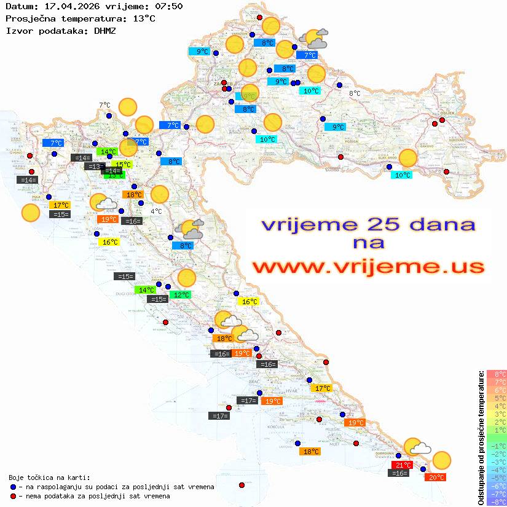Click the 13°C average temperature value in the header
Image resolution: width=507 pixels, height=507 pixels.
(x=143, y=18)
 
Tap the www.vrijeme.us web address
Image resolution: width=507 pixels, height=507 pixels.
(x=367, y=267)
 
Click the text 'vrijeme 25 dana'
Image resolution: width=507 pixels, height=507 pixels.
(x=367, y=224)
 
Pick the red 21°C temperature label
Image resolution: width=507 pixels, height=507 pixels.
(x=403, y=465)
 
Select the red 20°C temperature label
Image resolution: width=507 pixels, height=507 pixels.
(x=436, y=477)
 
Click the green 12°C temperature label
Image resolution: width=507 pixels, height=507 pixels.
(x=181, y=295)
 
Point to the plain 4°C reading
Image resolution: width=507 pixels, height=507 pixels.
(x=156, y=211)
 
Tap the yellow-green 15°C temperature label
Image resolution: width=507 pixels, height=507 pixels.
(x=122, y=164)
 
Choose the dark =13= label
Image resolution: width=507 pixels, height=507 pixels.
(x=95, y=167)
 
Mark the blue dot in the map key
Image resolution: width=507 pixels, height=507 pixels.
(x=14, y=487)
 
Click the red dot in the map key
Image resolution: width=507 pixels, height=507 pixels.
(x=14, y=496)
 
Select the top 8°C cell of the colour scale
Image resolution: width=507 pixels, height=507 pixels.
(x=497, y=374)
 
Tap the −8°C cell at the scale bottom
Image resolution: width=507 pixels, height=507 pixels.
(x=497, y=502)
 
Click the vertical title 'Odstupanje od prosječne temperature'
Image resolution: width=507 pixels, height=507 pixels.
(x=481, y=438)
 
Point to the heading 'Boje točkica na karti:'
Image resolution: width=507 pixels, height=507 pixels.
(x=49, y=478)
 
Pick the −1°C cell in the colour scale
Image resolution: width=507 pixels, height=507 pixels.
(x=497, y=446)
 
